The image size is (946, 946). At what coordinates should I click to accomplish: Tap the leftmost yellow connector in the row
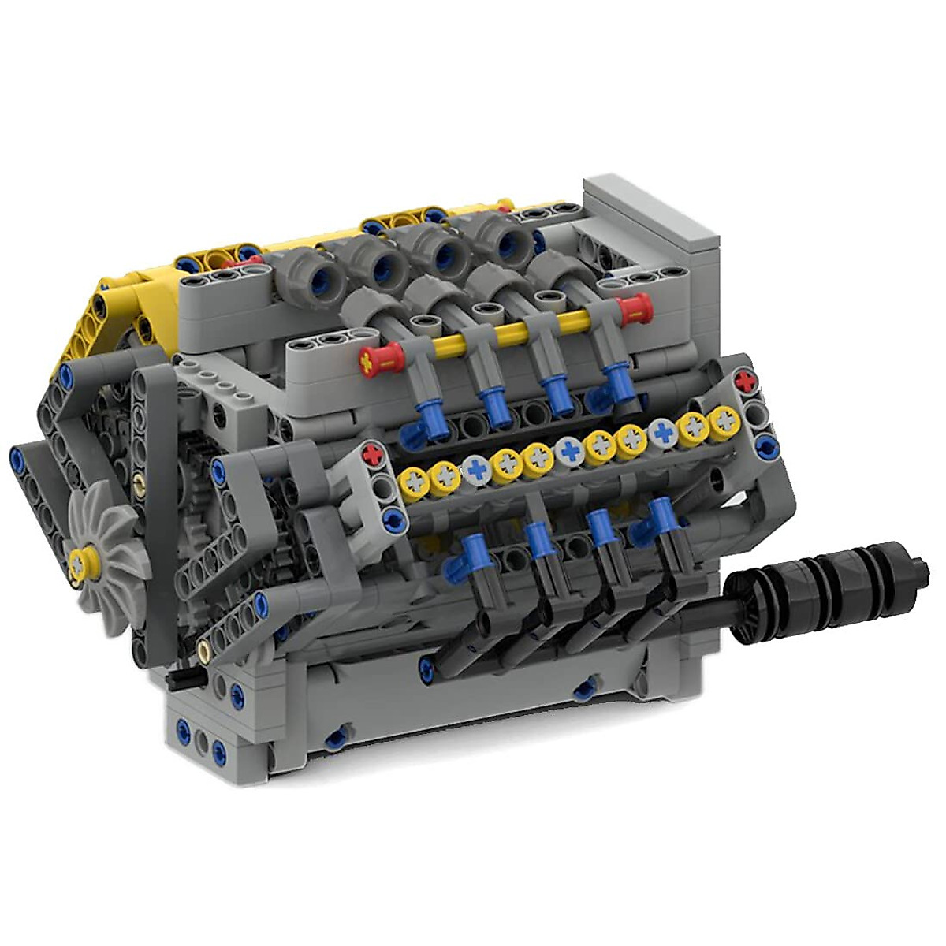click(413, 479)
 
